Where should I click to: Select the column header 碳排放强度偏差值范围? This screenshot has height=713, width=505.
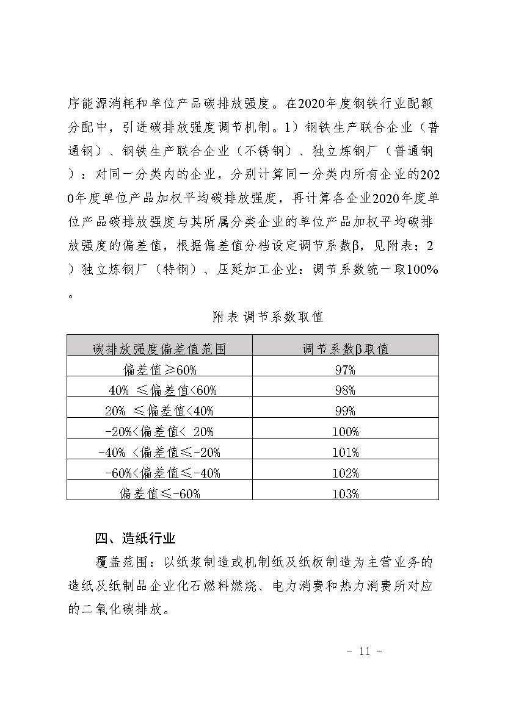pos(159,349)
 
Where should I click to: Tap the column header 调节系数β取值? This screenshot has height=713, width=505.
pos(345,349)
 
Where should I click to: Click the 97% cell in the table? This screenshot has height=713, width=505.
pos(345,370)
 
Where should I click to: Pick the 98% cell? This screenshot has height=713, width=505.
pos(345,390)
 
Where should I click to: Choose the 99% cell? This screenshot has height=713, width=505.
pos(345,411)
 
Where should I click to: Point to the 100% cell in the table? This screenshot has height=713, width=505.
pos(345,432)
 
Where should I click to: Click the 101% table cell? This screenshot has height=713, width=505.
pos(345,453)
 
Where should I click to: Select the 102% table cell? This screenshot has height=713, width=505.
pos(345,473)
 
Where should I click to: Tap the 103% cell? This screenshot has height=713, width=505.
pos(345,494)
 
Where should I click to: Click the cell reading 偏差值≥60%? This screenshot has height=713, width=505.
pos(159,370)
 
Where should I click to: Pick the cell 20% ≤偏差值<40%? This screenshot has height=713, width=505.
pos(159,411)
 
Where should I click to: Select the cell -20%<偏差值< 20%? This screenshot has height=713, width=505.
pos(159,432)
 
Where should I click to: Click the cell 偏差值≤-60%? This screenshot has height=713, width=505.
pos(159,494)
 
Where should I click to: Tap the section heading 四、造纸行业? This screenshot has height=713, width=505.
pos(136,539)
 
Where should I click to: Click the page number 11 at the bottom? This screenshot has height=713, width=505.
pos(365,651)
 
